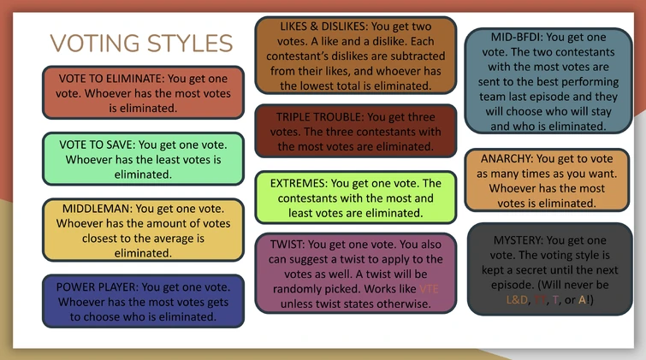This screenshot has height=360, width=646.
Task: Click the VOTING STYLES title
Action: tap(141, 43)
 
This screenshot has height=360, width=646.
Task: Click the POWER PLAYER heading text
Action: tap(95, 286)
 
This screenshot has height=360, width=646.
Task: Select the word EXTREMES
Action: tap(297, 184)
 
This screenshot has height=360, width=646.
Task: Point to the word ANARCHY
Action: tap(510, 158)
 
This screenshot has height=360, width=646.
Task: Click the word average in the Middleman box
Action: tap(193, 239)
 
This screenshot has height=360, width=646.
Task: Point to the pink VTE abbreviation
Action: tap(429, 289)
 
